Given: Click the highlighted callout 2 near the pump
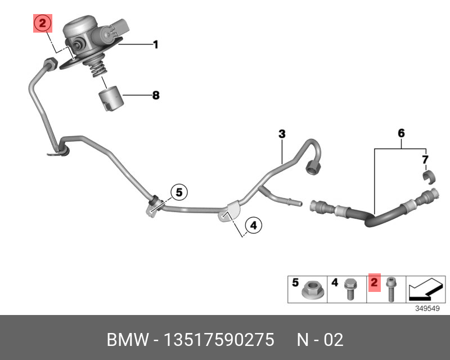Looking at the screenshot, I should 43,24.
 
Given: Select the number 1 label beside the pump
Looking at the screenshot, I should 156,44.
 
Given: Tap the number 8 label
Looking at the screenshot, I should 156,96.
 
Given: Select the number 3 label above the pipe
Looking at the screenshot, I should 282,134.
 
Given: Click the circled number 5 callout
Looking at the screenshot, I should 178,192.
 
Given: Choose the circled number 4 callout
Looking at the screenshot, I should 253,226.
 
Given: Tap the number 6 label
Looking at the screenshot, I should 401,133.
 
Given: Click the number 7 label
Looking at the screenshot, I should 425,160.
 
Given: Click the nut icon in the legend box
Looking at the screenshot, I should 310,291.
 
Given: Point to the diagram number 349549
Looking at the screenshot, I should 427,309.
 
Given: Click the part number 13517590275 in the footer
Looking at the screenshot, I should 219,340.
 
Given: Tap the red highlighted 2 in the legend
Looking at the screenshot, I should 375,282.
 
